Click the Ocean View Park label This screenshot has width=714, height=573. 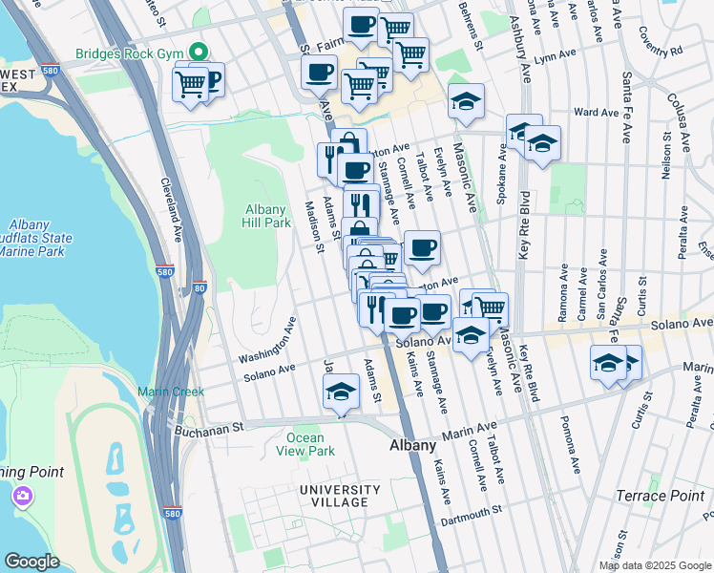305,444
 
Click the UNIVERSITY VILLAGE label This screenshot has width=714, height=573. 333,496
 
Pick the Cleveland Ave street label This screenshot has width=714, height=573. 171,205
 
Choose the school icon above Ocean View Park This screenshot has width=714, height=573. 341,392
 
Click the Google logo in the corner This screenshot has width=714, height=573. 31,562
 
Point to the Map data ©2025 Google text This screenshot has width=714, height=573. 654,565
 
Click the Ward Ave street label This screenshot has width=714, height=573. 597,112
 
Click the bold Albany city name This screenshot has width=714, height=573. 414,446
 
